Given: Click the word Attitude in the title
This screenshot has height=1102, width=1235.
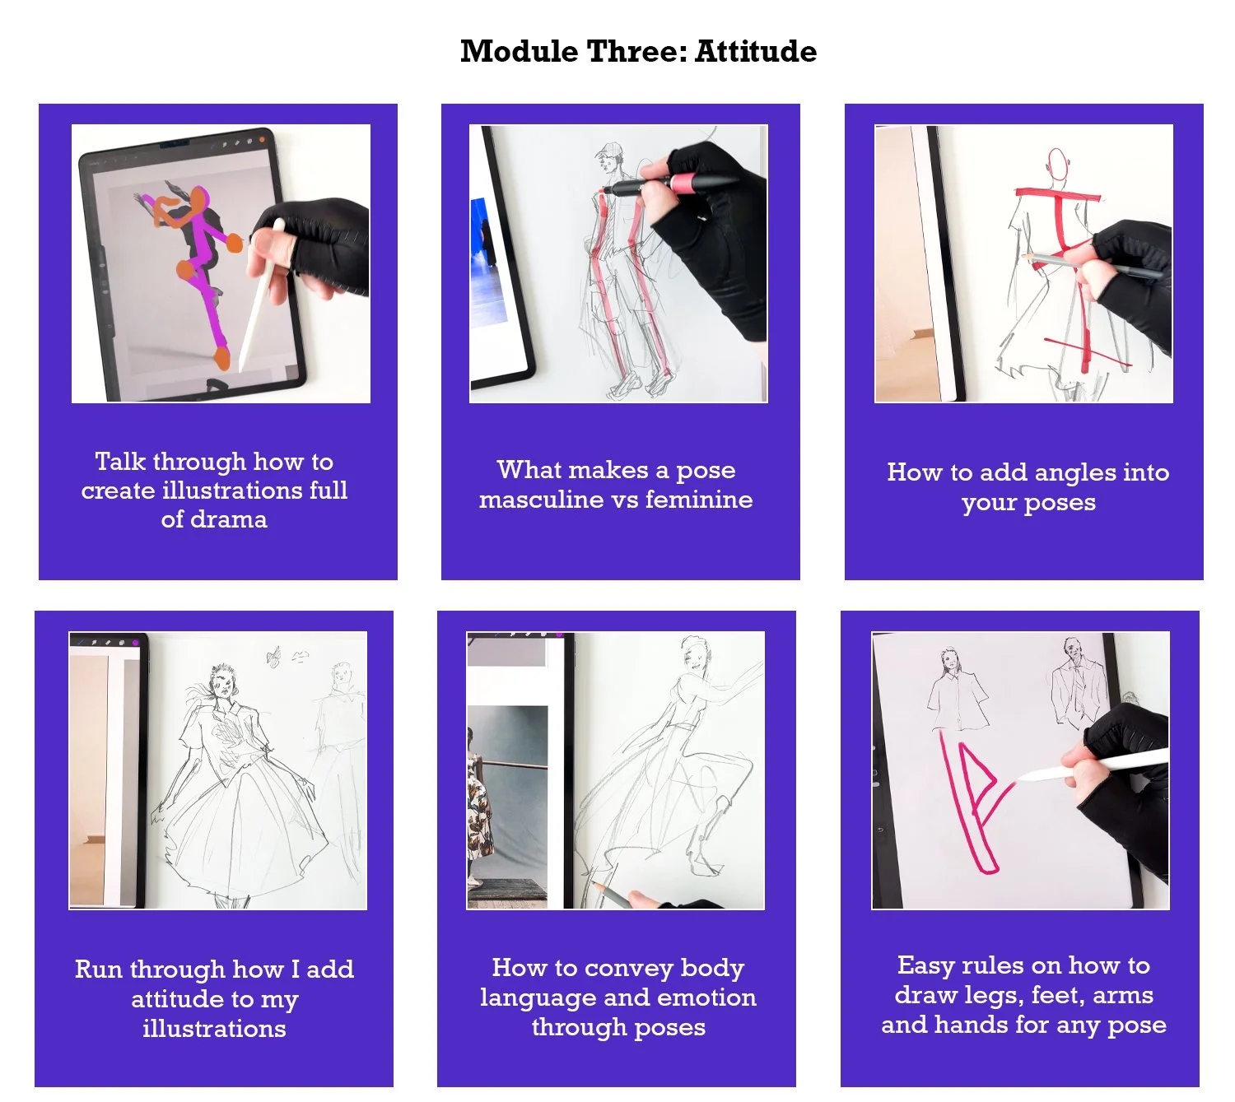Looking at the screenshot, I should point(755,51).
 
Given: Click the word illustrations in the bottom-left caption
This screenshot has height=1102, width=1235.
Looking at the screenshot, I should point(214,1029).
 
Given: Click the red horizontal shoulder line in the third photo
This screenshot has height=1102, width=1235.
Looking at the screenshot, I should point(1057,195).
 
